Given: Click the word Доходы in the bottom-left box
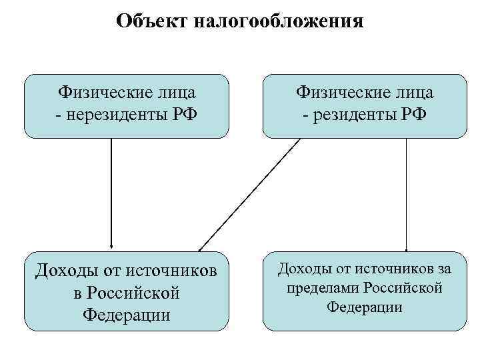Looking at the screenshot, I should pyautogui.click(x=66, y=271).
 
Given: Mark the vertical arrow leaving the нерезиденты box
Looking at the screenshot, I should pyautogui.click(x=111, y=193).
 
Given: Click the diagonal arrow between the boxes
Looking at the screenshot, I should pyautogui.click(x=250, y=193).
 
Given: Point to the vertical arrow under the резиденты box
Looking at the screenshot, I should pyautogui.click(x=407, y=193).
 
